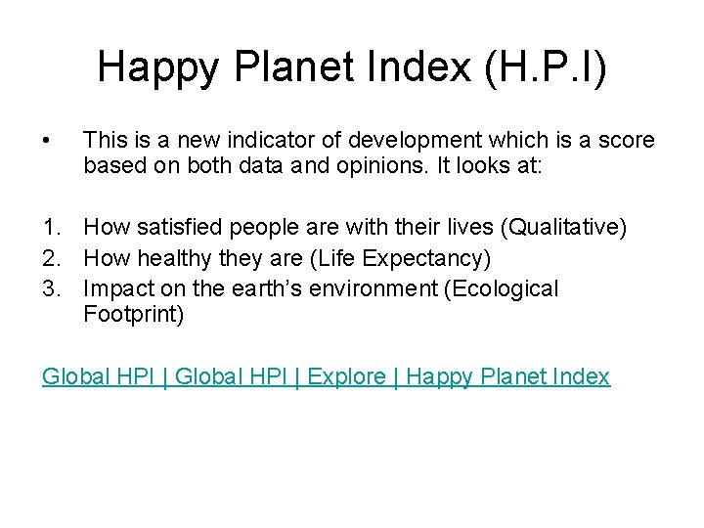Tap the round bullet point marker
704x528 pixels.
click(x=48, y=142)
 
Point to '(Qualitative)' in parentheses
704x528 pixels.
click(x=563, y=229)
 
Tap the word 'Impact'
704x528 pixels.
click(x=114, y=288)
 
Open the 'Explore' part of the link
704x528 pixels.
click(x=346, y=376)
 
